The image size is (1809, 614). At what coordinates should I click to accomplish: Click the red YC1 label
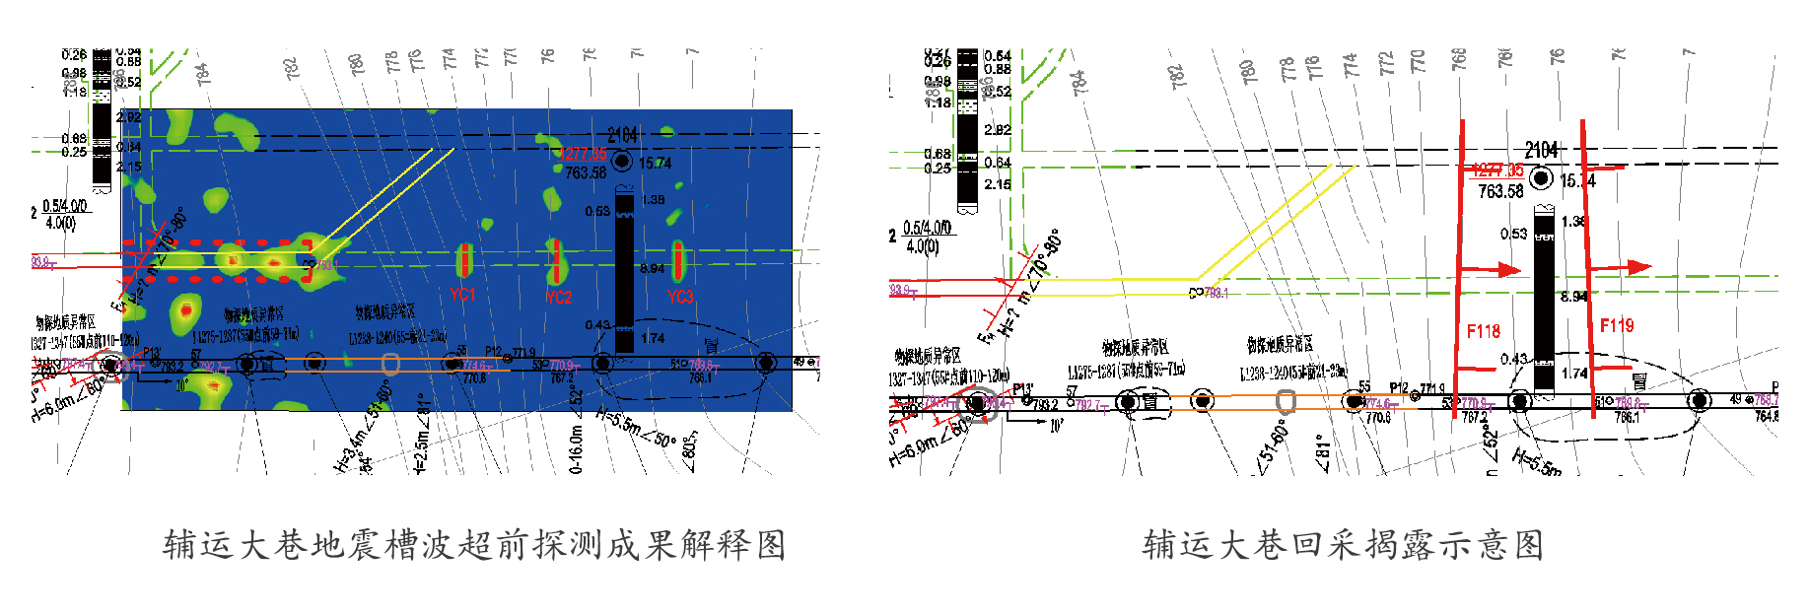click(x=462, y=294)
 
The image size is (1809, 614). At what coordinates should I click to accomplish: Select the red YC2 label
click(x=558, y=297)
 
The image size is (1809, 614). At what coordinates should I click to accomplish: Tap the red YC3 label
click(x=680, y=296)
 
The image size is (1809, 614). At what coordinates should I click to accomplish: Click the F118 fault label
click(x=1483, y=331)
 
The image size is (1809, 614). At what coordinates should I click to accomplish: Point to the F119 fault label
click(x=1616, y=325)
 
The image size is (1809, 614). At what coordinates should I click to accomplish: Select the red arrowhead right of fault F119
click(x=1638, y=266)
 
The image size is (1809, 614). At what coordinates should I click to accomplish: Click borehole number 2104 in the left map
click(x=622, y=135)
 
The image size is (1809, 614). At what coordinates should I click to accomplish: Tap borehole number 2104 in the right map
click(x=1542, y=150)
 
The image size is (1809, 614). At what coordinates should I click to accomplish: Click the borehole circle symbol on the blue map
click(x=622, y=161)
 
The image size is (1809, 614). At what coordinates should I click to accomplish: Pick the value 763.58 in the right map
click(x=1500, y=191)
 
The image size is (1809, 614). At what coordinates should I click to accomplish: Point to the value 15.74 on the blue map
click(x=655, y=163)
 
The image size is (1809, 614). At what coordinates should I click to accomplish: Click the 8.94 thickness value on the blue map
click(x=652, y=268)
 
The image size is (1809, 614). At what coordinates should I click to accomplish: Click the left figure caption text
click(x=473, y=544)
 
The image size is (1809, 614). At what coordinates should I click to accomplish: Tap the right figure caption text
click(x=1343, y=544)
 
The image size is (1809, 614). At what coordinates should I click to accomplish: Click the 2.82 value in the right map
click(x=997, y=129)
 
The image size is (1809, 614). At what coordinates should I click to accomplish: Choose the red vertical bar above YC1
click(x=462, y=261)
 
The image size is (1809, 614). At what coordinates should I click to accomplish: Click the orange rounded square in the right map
click(x=1286, y=401)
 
